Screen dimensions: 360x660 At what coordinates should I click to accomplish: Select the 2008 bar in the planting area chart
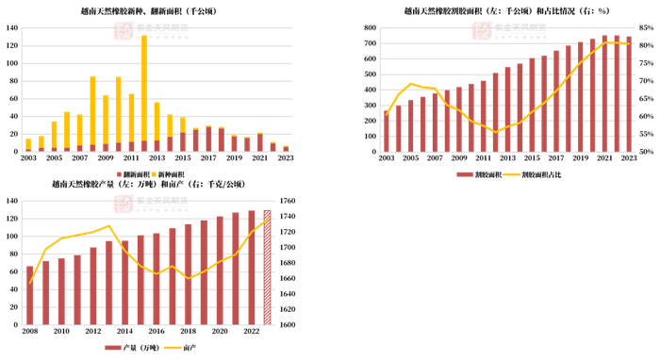click(92, 113)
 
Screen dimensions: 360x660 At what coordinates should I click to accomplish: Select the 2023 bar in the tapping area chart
click(629, 94)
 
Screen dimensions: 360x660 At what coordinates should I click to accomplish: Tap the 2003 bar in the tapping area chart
click(386, 131)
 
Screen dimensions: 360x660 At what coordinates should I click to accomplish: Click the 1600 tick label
click(288, 324)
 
